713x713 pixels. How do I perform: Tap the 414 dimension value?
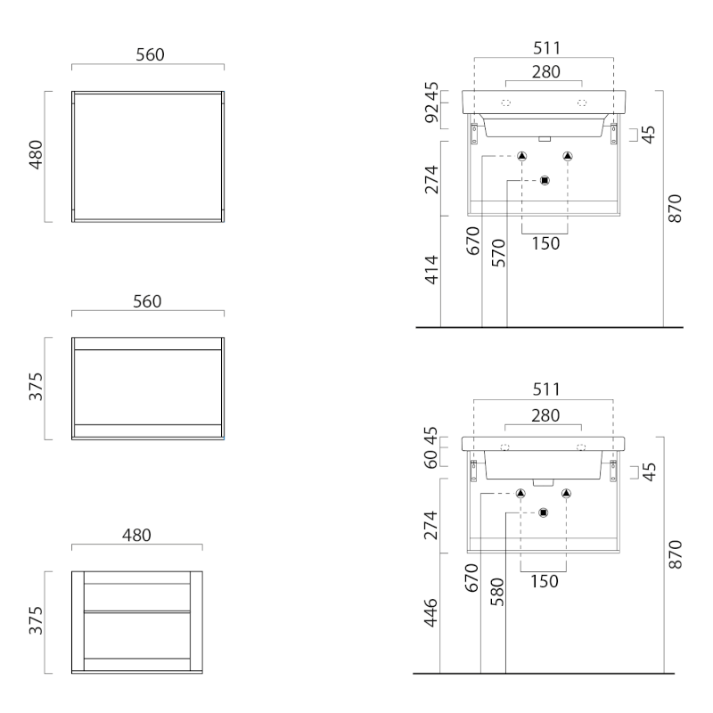pos(431,270)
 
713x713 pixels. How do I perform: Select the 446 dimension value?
pos(430,612)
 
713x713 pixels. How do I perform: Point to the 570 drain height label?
pos(499,253)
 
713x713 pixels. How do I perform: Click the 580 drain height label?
pos(497,592)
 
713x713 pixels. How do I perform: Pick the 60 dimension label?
pos(430,458)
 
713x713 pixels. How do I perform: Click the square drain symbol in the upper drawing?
pos(545,181)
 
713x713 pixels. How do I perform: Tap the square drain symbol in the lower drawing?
pos(543,513)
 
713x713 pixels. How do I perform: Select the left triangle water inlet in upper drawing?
pos(521,156)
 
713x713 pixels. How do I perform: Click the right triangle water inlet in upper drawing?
pos(568,156)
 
